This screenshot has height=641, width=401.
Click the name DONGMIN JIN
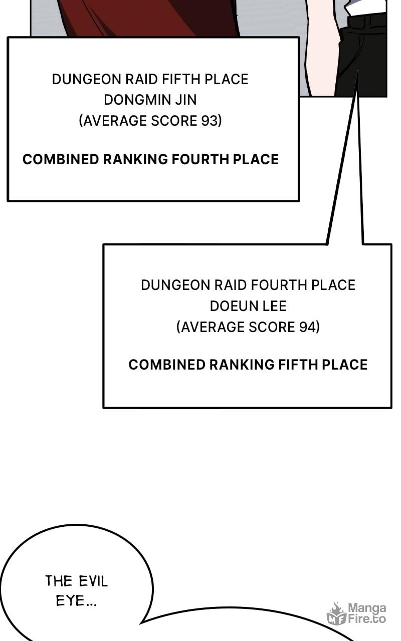150,100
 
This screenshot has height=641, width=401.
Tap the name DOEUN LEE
248,306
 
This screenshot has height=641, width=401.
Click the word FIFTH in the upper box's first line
182,79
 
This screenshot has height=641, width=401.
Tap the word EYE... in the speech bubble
76,600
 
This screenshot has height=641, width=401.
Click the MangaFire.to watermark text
367,613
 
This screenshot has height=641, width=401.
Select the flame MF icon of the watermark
336,613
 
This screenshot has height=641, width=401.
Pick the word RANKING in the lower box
242,365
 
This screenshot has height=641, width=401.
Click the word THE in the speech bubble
59,581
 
